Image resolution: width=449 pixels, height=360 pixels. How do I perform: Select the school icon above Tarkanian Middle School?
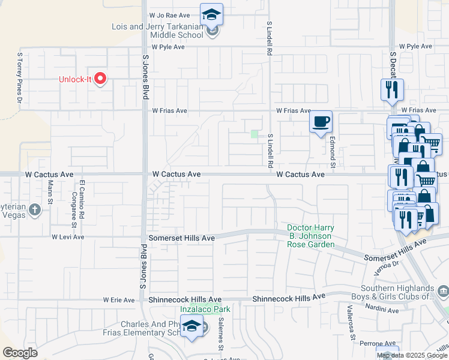tap(211, 14)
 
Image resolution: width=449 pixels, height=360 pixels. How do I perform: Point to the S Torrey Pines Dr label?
tap(19, 78)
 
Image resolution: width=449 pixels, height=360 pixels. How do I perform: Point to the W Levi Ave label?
tap(67, 237)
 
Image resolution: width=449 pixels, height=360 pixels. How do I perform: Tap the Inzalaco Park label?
tap(205, 309)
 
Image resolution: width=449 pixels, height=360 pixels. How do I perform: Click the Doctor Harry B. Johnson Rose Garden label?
tap(310, 236)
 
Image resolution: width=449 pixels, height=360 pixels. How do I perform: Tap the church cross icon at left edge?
tap(35, 209)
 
